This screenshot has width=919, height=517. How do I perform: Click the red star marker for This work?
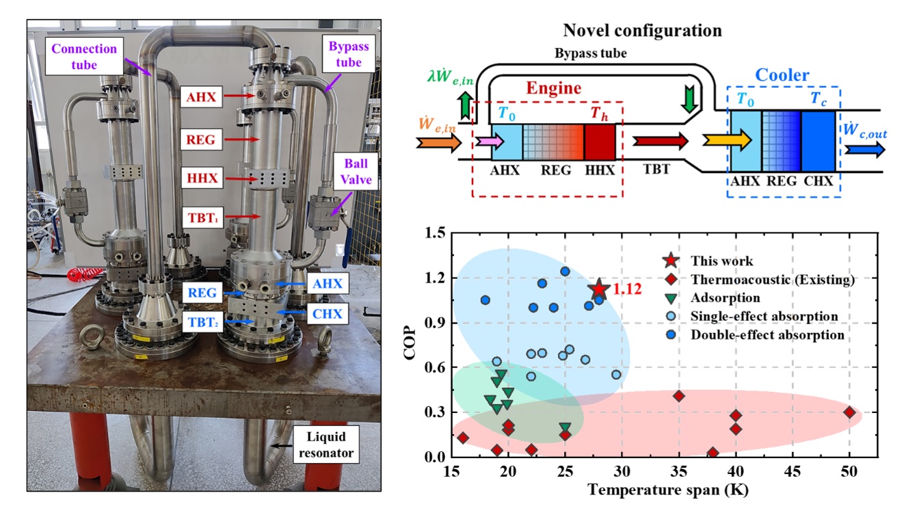pyautogui.click(x=598, y=290)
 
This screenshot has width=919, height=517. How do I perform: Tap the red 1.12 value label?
pyautogui.click(x=626, y=290)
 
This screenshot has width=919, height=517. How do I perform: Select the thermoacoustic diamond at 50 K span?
pyautogui.click(x=849, y=412)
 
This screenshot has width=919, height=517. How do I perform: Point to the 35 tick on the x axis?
pyautogui.click(x=678, y=473)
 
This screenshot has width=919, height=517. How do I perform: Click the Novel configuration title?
pyautogui.click(x=642, y=31)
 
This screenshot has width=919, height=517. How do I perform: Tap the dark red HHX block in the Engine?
pyautogui.click(x=600, y=142)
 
